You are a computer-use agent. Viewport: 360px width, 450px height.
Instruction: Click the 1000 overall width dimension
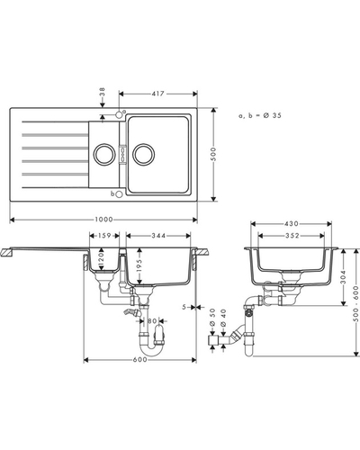pyautogui.click(x=103, y=220)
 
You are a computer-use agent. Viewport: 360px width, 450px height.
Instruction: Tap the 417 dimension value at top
pyautogui.click(x=158, y=94)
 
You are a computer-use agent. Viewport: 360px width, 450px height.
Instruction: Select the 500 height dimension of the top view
pyautogui.click(x=213, y=154)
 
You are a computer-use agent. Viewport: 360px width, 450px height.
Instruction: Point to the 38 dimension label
pyautogui.click(x=103, y=92)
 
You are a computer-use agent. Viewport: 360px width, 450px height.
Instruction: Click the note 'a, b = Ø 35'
pyautogui.click(x=260, y=115)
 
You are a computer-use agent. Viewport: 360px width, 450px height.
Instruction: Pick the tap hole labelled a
pyautogui.click(x=119, y=114)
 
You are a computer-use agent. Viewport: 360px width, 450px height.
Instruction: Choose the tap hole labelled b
pyautogui.click(x=119, y=194)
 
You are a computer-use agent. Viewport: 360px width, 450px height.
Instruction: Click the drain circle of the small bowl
pyautogui.click(x=104, y=154)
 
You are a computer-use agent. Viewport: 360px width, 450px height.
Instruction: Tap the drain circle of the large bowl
pyautogui.click(x=144, y=154)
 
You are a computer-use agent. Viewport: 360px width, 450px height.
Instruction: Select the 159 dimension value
pyautogui.click(x=104, y=236)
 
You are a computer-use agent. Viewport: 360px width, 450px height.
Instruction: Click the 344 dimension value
pyautogui.click(x=158, y=236)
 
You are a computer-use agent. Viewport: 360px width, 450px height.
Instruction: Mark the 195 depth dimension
pyautogui.click(x=139, y=265)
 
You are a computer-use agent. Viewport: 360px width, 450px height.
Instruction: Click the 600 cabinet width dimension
pyautogui.click(x=140, y=359)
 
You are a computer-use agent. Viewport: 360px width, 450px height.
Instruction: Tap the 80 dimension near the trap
pyautogui.click(x=152, y=321)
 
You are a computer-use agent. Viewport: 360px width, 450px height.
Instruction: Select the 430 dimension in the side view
pyautogui.click(x=292, y=223)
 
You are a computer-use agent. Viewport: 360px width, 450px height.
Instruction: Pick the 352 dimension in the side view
pyautogui.click(x=292, y=236)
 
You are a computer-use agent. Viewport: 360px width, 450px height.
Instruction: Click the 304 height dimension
pyautogui.click(x=344, y=277)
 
